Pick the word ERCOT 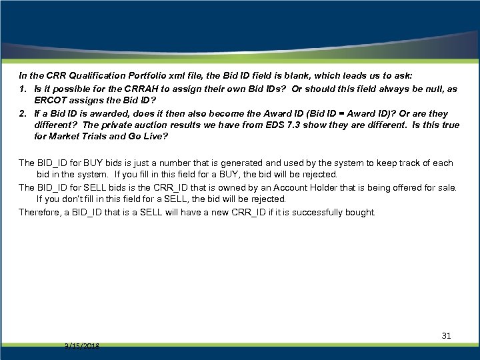[x=51, y=101]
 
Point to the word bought [x=361, y=213]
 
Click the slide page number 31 [x=447, y=336]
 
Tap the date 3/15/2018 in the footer [x=83, y=347]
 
